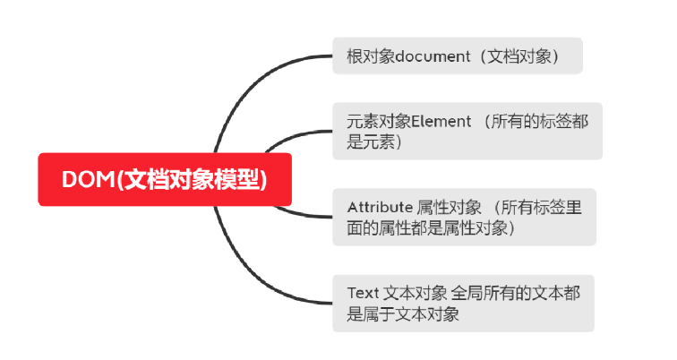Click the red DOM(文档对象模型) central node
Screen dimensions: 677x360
[x=165, y=179]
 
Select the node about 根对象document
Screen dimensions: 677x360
[x=457, y=56]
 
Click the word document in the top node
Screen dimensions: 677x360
[x=433, y=56]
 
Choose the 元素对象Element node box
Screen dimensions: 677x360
[x=467, y=131]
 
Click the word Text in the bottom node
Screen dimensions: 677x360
[x=363, y=293]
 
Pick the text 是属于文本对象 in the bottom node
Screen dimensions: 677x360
[x=403, y=313]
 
